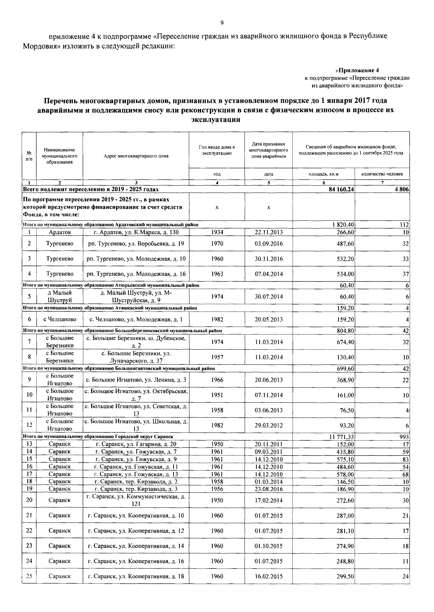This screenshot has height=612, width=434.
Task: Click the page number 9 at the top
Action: click(222, 23)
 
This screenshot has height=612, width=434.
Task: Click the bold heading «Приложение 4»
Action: click(357, 70)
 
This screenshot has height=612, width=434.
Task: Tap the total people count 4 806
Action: click(402, 189)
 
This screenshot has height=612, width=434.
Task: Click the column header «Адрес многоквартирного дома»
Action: click(136, 156)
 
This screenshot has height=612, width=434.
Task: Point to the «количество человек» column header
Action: click(382, 174)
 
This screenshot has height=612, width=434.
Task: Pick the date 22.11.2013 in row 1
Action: click(268, 232)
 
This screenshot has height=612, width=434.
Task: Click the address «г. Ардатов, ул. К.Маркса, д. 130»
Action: click(136, 232)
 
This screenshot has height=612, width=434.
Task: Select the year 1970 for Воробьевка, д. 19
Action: click(217, 244)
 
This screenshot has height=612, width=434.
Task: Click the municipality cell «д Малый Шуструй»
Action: click(60, 296)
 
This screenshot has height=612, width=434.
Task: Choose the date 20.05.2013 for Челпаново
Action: click(268, 319)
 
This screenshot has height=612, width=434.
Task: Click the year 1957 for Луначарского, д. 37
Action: click(217, 357)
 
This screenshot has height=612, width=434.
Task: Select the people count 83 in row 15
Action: click(405, 459)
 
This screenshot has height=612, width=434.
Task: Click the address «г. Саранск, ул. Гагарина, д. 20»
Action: click(136, 444)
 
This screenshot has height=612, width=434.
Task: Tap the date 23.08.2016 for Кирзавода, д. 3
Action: click(268, 489)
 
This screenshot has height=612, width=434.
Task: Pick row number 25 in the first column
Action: click(29, 576)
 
